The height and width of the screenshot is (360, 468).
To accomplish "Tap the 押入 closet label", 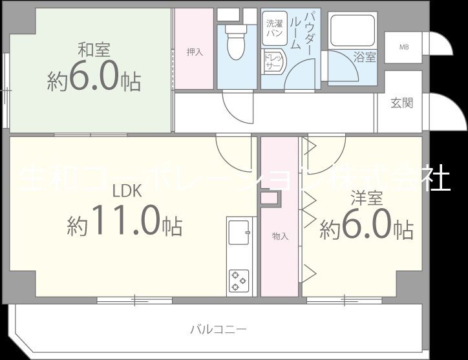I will pos(195,52).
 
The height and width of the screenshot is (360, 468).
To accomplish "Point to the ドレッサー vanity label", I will pos(271,62).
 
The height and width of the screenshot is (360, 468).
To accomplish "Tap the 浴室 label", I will pos(365,58).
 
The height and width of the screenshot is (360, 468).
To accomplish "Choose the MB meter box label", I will pos(403,47).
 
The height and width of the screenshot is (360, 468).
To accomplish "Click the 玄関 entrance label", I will pos(402,103).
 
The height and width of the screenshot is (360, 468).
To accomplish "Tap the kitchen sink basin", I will pos(238,233).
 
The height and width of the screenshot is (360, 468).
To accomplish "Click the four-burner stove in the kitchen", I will pos(238,281).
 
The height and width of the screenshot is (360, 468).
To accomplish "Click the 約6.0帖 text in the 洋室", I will pos(367,227).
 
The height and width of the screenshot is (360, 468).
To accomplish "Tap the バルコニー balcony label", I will pos(218,329).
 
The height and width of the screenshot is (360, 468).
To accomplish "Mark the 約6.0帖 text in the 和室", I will pos(94,79).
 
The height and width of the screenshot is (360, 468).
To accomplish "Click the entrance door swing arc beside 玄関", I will pos(443,111).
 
